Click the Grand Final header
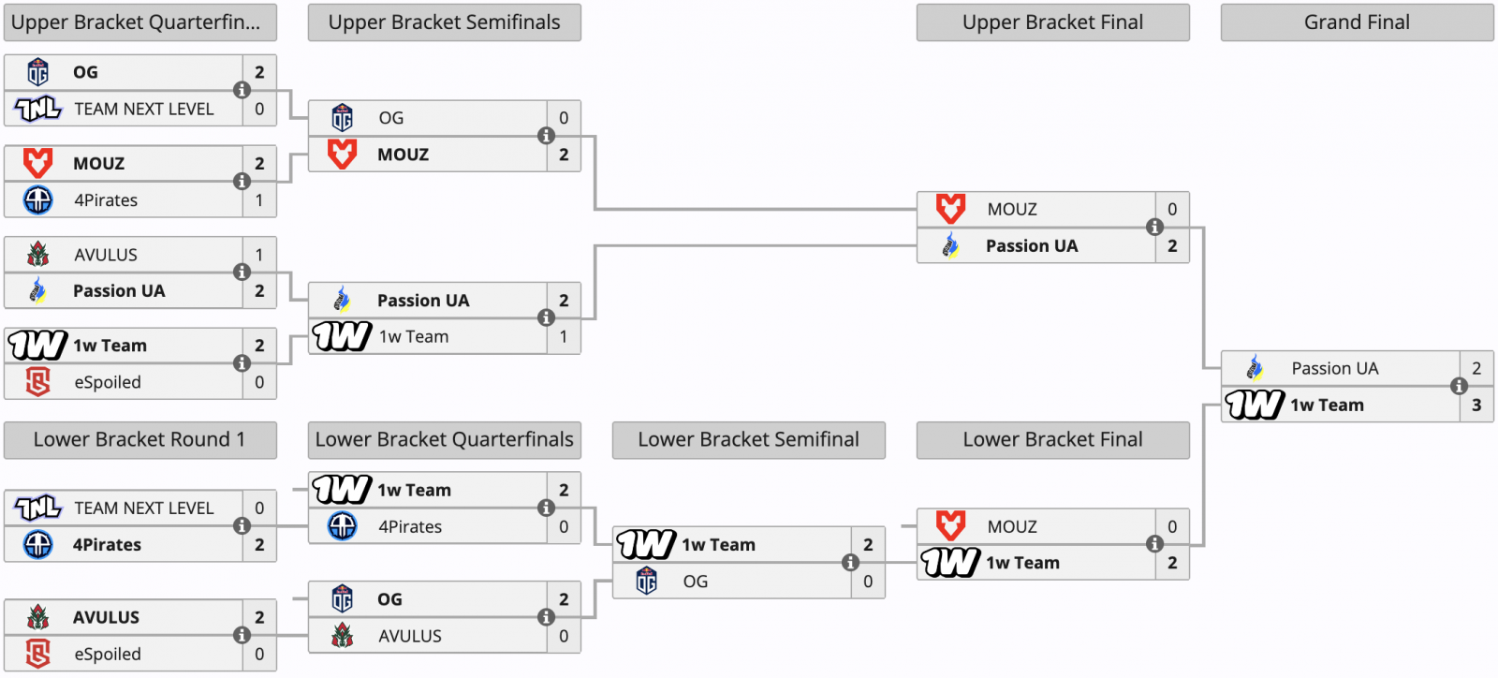tap(1357, 22)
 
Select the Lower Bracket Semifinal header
tap(748, 439)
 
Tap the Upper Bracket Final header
tap(1052, 22)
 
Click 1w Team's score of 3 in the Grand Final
tap(1476, 405)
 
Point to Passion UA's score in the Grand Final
tap(1476, 368)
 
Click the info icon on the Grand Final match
tap(1460, 386)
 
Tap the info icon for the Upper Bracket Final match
tap(1155, 228)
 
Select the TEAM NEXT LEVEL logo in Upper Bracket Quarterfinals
tap(38, 109)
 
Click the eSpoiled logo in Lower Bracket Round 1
tap(38, 654)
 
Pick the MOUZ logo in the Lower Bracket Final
tap(950, 526)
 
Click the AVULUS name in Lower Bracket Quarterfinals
tap(410, 636)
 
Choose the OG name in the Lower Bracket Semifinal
tap(696, 581)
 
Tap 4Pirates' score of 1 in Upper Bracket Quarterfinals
tap(259, 199)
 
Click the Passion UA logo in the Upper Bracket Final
tap(950, 245)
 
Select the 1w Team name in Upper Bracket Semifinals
tap(414, 337)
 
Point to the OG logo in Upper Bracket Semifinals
tap(343, 118)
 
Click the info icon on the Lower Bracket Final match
tap(1155, 544)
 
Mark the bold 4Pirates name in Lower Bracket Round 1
tap(107, 545)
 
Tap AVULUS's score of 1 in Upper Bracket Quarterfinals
tap(259, 255)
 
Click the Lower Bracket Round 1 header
tap(140, 439)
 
